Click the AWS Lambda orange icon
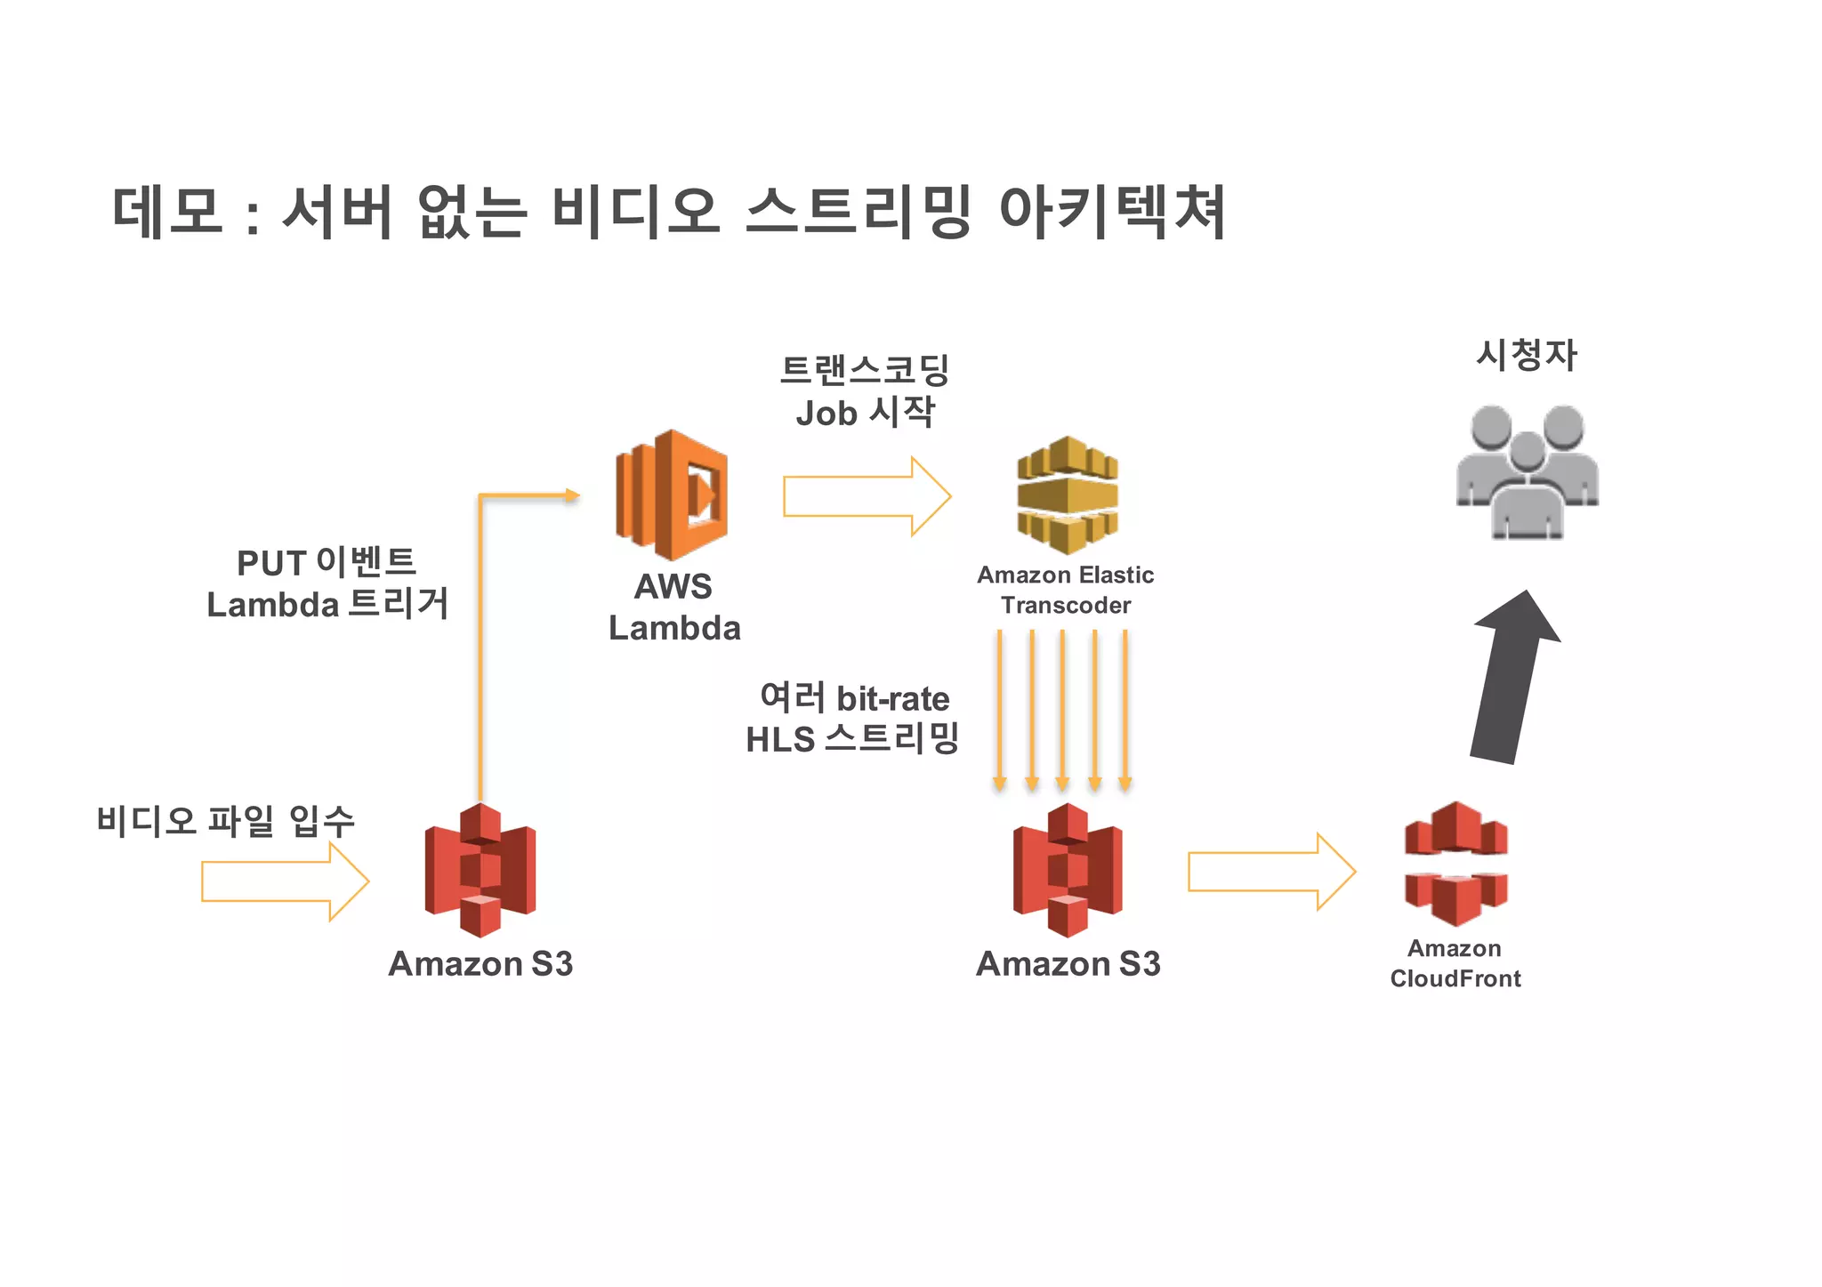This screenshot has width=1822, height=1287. click(672, 495)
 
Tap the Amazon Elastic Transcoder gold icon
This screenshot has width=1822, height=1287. click(1067, 495)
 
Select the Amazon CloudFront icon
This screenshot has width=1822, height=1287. click(1455, 864)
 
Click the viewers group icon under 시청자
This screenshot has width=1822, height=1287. click(1527, 471)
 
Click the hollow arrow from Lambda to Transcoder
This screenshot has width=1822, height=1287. click(867, 496)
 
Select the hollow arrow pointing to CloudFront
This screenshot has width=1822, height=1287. click(1270, 872)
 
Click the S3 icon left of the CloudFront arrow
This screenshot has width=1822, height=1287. click(1067, 870)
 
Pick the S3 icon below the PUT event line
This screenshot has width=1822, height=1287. click(480, 870)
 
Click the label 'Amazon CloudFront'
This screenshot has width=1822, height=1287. click(1455, 963)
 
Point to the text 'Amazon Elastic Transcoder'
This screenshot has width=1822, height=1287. click(1066, 590)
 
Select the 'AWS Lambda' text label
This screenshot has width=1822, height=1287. click(674, 607)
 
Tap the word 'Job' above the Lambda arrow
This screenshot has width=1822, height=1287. click(826, 414)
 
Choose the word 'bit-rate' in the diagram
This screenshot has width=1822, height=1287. click(892, 699)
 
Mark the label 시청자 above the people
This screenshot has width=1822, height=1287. click(1527, 355)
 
